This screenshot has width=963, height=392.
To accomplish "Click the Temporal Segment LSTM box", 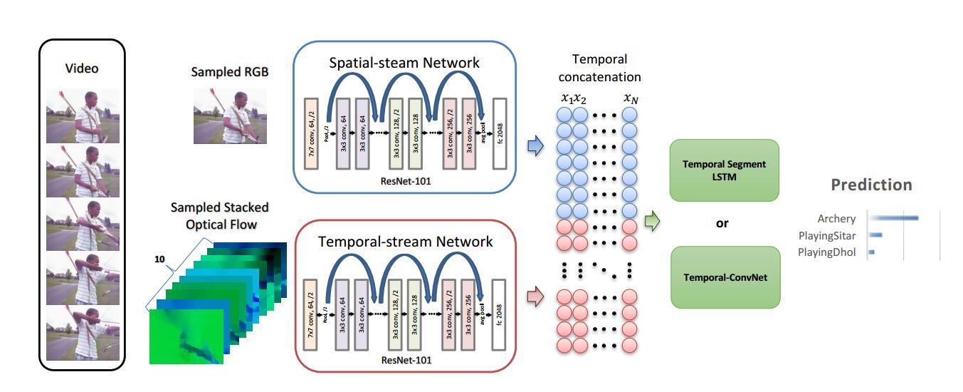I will pos(725,170).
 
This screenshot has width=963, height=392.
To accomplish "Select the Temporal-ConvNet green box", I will pos(725,277).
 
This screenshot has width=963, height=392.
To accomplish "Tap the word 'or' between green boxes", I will pos(722,223).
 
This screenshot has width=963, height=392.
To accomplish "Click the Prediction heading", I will pos(871,185).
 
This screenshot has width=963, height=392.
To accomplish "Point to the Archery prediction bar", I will pos(894,218).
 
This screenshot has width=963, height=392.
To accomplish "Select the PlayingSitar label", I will pos(826,235).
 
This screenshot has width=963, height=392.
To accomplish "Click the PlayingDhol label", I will pos(826,252).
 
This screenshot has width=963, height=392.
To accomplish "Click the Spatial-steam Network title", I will pos(404,63).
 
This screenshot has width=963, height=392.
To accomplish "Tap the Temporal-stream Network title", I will pos(405,242).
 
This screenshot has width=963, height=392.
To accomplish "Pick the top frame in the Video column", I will pos(83,115).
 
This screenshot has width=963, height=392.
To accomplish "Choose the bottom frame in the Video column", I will pos(83,334).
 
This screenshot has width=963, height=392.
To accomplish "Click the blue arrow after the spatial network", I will pos(535,146).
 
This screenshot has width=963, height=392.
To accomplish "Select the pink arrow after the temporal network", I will pos(535,296).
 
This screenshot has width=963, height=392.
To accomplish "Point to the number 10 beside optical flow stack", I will pos(159,259).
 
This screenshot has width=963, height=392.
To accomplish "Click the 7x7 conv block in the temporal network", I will pos(310,314).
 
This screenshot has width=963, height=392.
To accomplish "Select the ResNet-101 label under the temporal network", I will pos(406,360).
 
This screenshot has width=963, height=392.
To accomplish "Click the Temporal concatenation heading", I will pos(599,68).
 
